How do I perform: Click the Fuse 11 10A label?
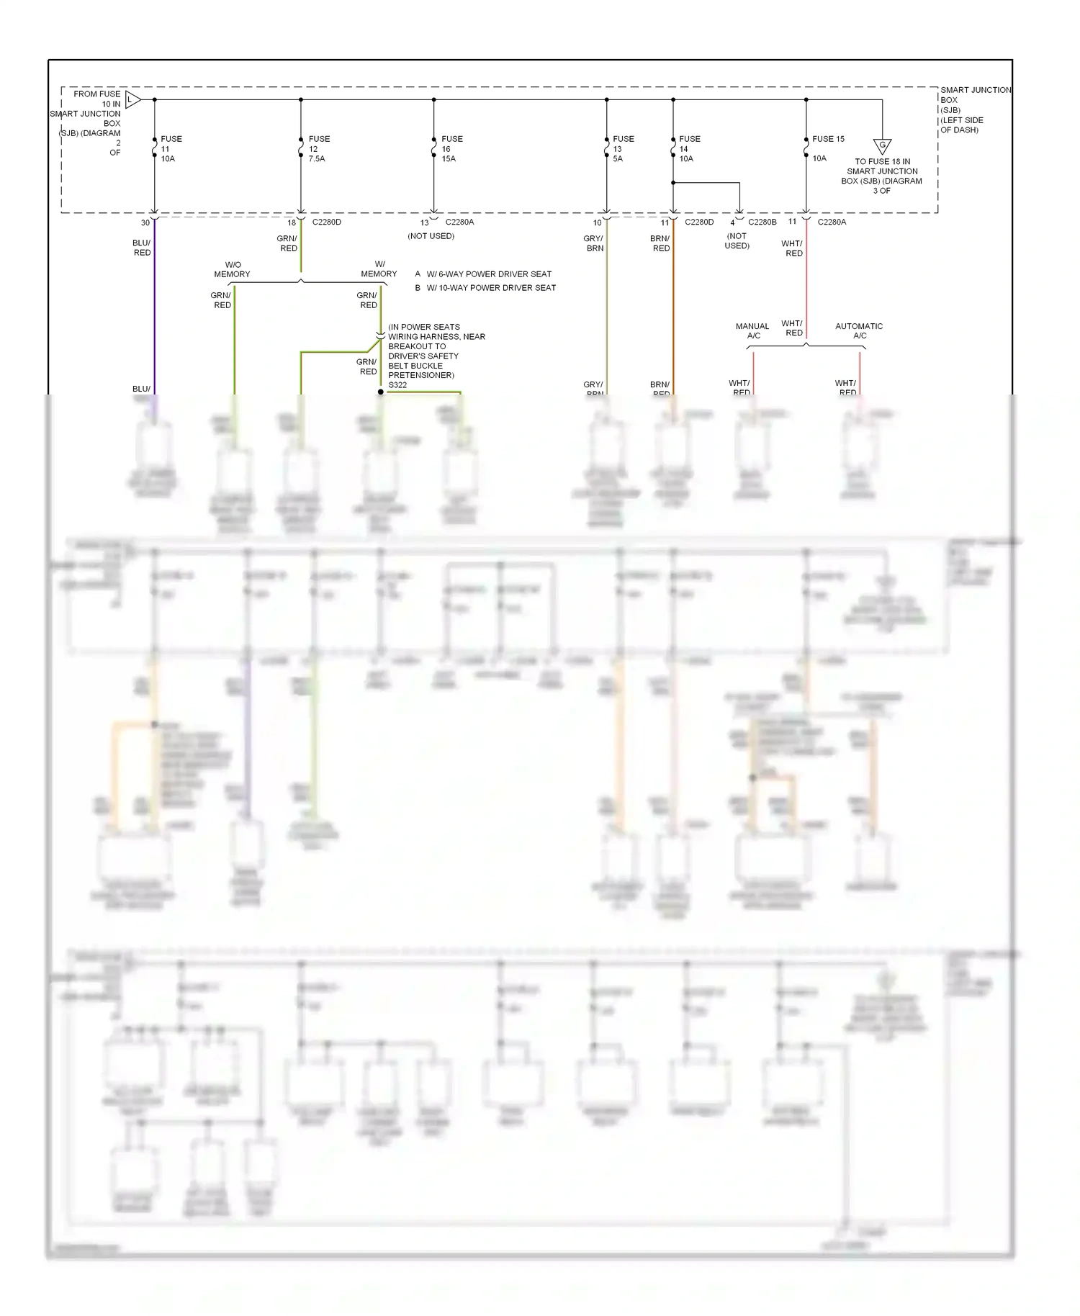pos(171,149)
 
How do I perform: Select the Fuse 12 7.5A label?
pos(319,149)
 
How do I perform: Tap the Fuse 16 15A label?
pos(451,149)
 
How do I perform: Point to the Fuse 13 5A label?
pos(623,149)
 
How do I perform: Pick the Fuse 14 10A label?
pos(689,149)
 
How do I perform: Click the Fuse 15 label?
pos(828,139)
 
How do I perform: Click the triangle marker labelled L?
pos(132,99)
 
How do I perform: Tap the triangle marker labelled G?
pos(882,146)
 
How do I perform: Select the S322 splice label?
pos(397,385)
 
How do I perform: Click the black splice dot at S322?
pos(381,392)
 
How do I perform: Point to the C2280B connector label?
pos(762,222)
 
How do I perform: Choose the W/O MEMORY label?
pos(232,269)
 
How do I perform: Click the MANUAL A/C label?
pos(752,331)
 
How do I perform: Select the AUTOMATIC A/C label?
pos(859,331)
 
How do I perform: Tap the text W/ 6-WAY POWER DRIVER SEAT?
pos(489,274)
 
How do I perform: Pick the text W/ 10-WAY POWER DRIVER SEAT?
pos(491,288)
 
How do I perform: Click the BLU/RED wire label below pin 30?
pos(142,248)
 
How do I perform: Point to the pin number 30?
pos(145,223)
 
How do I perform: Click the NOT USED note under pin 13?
pos(431,236)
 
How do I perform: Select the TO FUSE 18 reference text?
pos(882,176)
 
